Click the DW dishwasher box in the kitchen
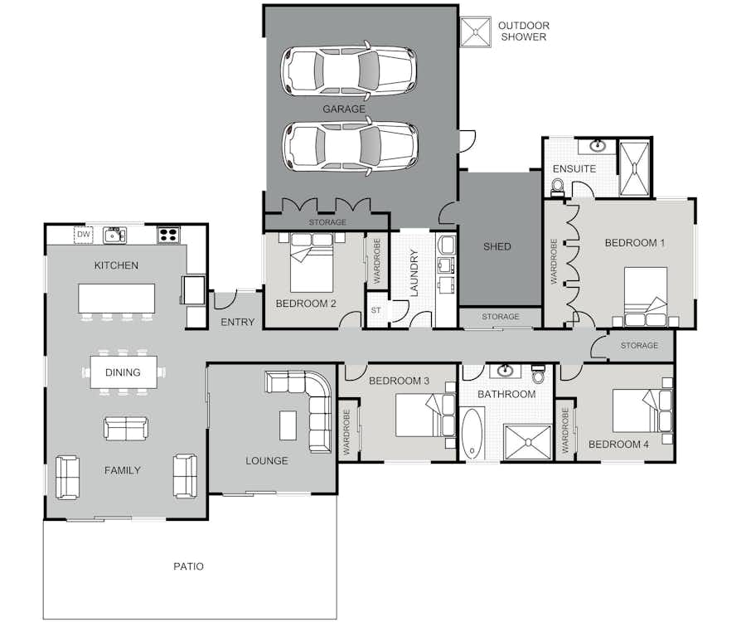pyautogui.click(x=83, y=235)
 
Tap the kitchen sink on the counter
pyautogui.click(x=114, y=235)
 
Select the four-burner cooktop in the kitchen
pyautogui.click(x=169, y=235)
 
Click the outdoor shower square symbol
pyautogui.click(x=475, y=32)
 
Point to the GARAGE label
pyautogui.click(x=344, y=109)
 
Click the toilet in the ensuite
pyautogui.click(x=557, y=187)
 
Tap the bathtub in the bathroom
pyautogui.click(x=472, y=433)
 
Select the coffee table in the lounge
pyautogui.click(x=288, y=425)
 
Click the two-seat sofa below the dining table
pyautogui.click(x=126, y=427)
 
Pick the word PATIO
pyautogui.click(x=188, y=566)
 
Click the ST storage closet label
pyautogui.click(x=375, y=310)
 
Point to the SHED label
pyautogui.click(x=497, y=246)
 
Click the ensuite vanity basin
pyautogui.click(x=597, y=145)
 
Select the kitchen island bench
pyautogui.click(x=117, y=299)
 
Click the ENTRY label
pyautogui.click(x=237, y=322)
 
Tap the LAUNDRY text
pyautogui.click(x=414, y=273)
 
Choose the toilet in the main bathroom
pyautogui.click(x=538, y=375)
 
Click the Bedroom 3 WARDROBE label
pyautogui.click(x=346, y=432)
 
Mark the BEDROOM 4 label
pyautogui.click(x=618, y=445)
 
